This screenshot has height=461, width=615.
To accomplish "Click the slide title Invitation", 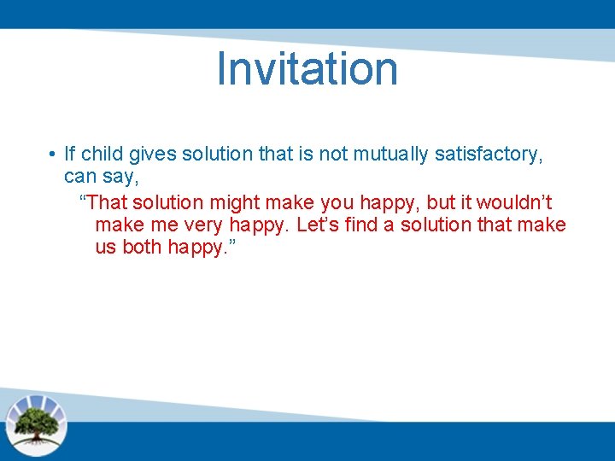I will (x=307, y=68).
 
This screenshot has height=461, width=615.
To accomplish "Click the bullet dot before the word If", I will (x=52, y=155).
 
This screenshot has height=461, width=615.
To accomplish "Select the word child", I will (x=102, y=154).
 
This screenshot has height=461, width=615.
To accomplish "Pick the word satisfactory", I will (x=489, y=155).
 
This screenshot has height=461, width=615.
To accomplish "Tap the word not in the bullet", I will (x=332, y=155).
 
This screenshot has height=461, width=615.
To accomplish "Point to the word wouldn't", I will (x=514, y=202).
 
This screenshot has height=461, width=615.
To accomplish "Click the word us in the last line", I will (x=106, y=248).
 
